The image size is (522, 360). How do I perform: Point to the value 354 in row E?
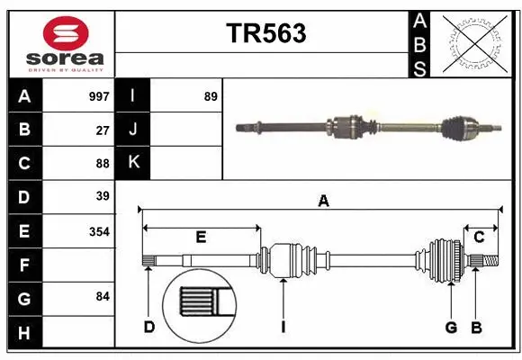pos(99,231)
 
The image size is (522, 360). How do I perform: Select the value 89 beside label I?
pos(210,96)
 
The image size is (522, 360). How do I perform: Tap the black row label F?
pos(24,265)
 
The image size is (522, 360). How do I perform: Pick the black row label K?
pos(133,163)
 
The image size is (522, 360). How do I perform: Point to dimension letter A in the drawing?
pos(323,202)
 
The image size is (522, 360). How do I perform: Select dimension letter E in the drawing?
pos(201,238)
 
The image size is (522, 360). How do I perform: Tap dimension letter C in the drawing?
pos(479,238)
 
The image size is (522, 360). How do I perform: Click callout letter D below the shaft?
pos(149,327)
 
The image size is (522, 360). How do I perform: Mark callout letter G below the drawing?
pos(451,327)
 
